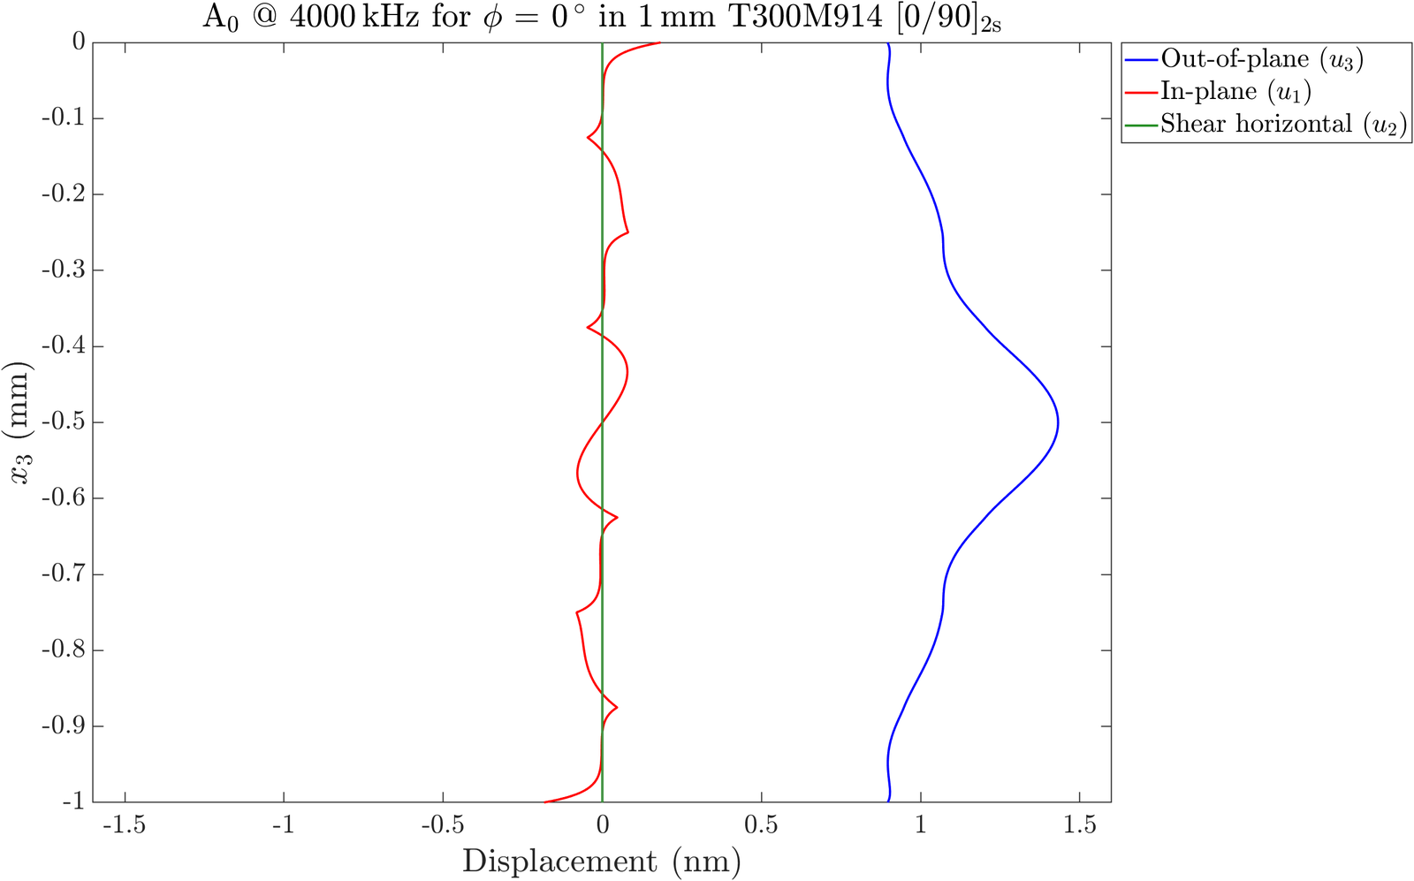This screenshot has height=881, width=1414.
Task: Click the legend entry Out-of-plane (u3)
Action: pos(1261,59)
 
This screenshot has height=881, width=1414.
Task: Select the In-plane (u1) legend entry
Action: pos(1235,91)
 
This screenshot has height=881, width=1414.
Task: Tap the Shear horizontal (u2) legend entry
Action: pos(1282,124)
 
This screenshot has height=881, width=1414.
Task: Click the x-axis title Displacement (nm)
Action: pos(601,861)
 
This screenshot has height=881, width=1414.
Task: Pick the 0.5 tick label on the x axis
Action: pos(761,825)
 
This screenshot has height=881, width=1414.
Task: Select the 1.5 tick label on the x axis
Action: pos(1079,825)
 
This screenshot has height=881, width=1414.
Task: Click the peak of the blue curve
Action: pos(1058,422)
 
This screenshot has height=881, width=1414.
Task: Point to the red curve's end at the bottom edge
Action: pos(544,801)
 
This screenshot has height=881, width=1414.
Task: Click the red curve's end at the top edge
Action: pos(659,42)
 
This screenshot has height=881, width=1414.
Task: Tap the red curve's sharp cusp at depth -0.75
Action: pos(577,611)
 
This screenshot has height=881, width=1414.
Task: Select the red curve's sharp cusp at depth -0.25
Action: pos(627,232)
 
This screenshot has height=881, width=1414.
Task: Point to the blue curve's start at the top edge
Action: pos(886,43)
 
